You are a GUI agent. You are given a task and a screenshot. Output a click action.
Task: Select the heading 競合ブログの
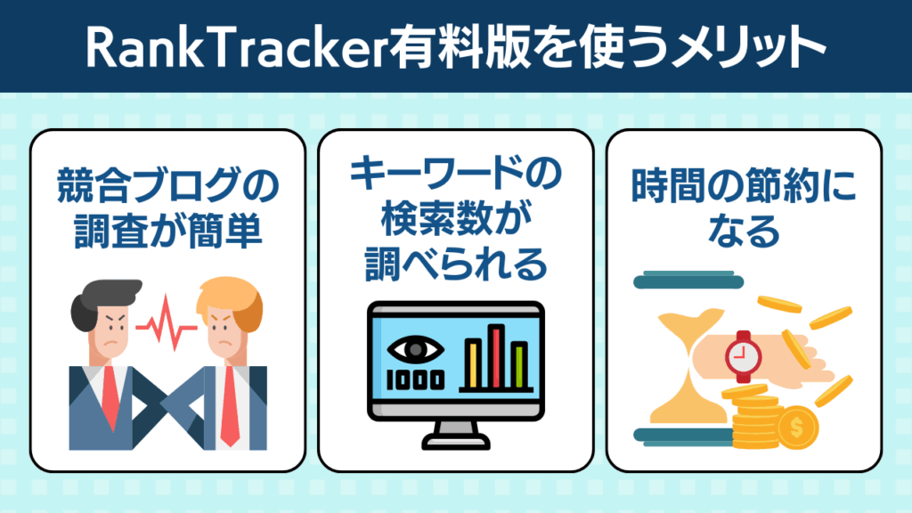click(x=168, y=185)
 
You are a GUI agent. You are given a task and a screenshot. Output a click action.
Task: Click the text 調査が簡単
click(x=168, y=232)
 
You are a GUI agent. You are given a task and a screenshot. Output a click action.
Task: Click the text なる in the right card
click(x=744, y=231)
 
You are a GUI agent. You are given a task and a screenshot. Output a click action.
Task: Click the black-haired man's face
click(x=110, y=332)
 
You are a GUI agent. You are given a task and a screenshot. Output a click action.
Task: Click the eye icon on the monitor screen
click(x=416, y=350)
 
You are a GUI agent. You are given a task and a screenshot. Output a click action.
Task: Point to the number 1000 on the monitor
click(x=416, y=379)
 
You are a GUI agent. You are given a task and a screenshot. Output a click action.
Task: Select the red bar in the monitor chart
click(x=496, y=356)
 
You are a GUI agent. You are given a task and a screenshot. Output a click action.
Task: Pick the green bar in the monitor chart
click(x=519, y=365)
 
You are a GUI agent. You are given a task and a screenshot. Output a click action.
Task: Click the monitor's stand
click(x=456, y=435)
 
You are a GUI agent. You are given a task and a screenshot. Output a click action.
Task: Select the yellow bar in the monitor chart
click(x=473, y=364)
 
